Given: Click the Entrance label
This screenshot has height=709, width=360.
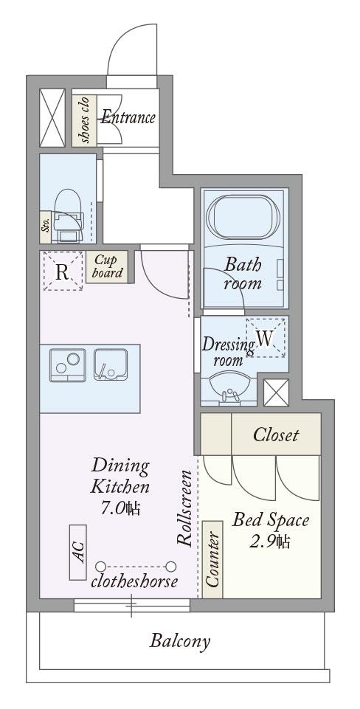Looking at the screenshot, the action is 128,117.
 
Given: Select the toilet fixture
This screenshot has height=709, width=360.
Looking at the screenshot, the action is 69,215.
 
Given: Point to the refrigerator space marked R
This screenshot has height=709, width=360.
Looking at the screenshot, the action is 63,272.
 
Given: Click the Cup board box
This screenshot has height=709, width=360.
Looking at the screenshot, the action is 108,266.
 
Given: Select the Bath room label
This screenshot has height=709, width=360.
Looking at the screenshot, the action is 243,274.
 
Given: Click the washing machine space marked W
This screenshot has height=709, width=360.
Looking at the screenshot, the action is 266,338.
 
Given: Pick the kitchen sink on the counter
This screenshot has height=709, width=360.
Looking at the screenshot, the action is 111,364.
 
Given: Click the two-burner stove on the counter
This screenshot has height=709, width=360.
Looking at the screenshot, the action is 67,365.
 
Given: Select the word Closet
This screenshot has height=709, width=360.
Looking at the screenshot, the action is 276,435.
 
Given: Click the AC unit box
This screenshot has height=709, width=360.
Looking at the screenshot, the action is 77,552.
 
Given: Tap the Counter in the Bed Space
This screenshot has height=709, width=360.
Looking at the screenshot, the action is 212,559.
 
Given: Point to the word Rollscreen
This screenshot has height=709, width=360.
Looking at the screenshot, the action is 185,508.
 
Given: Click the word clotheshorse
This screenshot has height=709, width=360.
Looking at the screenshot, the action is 134,581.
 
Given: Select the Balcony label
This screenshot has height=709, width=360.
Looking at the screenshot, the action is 180,641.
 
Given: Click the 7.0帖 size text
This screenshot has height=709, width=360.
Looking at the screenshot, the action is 120,508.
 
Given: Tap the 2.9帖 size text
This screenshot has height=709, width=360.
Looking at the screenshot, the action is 270,541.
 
